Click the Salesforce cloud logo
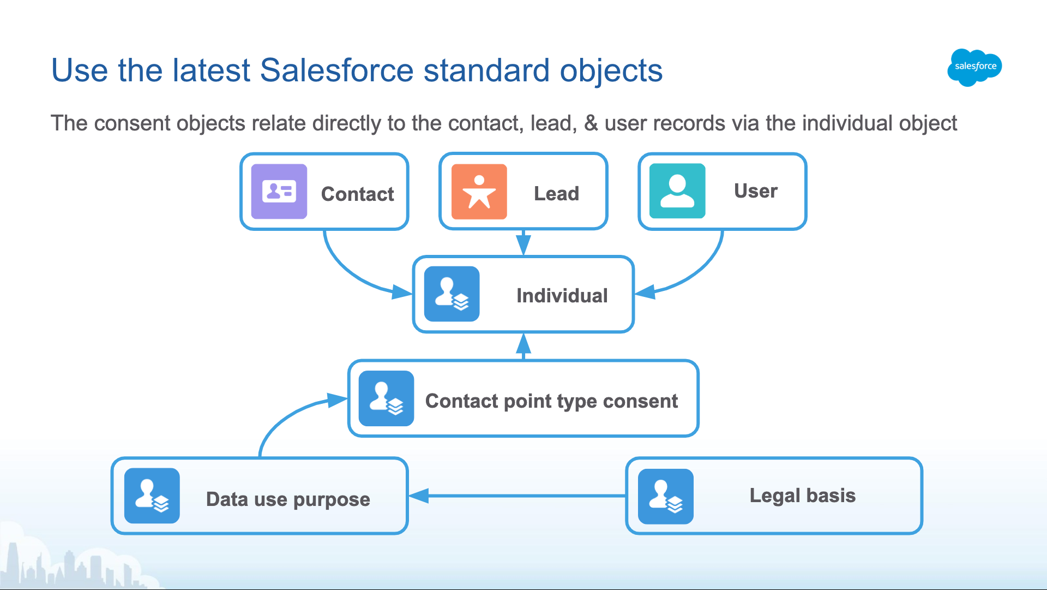point(974,67)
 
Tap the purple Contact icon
point(279,192)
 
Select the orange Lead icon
point(479,192)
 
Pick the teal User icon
point(677,191)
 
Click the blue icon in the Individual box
point(452,294)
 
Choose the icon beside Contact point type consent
point(386,398)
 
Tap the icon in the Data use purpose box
point(152,496)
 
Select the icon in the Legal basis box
point(666,496)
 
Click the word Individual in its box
point(562,295)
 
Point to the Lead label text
point(556,193)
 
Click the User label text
point(756,191)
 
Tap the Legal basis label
point(803,496)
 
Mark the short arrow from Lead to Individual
point(523,242)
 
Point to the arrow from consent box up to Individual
point(523,347)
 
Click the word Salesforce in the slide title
point(336,70)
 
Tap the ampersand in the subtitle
point(591,123)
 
